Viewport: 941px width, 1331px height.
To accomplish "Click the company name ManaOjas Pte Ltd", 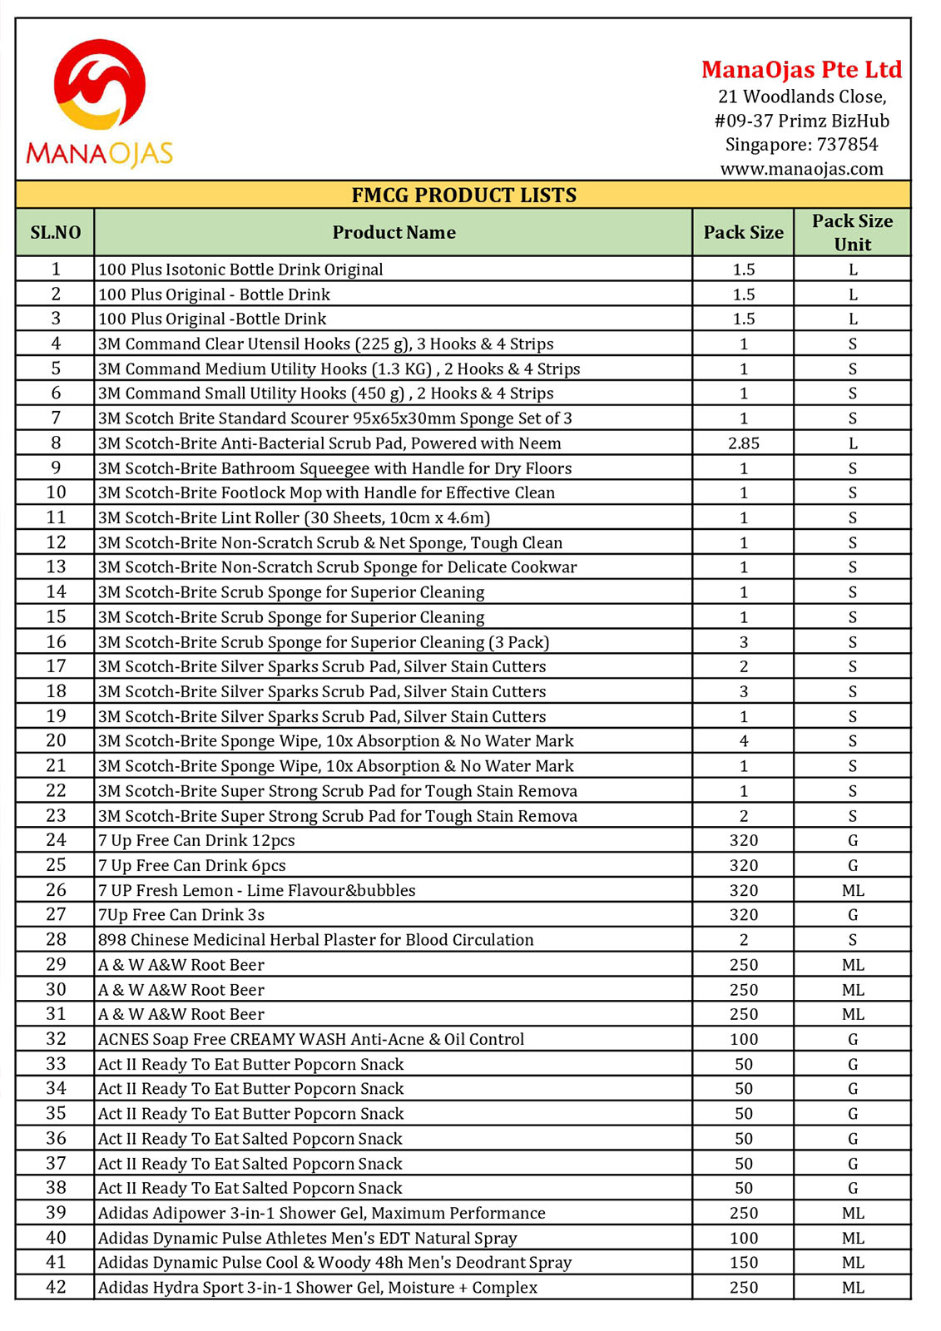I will point(801,70).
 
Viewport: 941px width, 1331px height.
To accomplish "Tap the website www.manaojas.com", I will point(801,169).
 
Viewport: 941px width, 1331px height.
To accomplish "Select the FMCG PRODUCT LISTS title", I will point(463,195).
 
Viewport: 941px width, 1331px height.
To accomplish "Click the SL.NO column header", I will point(56,233).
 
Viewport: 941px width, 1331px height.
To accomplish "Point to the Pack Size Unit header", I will point(852,233).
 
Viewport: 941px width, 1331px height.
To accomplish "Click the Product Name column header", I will point(394,233).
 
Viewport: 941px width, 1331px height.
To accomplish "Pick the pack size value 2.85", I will point(743,443).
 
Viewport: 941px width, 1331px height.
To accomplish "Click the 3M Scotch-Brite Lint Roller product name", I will point(294,517).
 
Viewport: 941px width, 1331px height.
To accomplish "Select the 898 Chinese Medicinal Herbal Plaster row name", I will point(315,940).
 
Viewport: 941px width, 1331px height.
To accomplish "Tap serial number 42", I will point(56,1287).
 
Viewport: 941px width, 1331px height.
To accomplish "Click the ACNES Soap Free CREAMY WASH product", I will point(310,1039).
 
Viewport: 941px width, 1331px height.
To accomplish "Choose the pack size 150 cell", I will point(743,1262).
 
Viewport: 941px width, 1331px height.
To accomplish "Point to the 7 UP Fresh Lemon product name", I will point(256,890).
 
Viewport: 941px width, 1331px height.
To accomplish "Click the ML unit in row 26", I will point(852,890).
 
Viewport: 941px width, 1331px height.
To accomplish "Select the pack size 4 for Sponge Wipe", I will point(743,740).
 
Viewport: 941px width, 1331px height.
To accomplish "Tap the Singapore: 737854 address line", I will point(801,145).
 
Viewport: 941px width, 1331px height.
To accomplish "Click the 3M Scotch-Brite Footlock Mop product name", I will point(326,492).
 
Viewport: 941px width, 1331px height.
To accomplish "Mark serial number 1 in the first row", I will point(56,269).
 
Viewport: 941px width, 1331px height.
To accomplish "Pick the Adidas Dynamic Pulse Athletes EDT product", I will point(307,1238).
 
